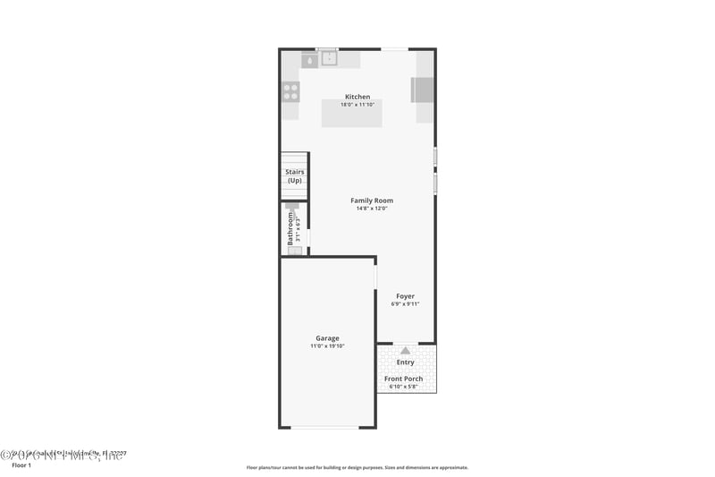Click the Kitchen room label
pyautogui.click(x=357, y=97)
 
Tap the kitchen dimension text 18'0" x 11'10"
pyautogui.click(x=357, y=105)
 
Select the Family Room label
pyautogui.click(x=371, y=200)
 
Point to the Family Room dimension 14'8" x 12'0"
pyautogui.click(x=371, y=209)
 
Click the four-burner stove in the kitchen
pyautogui.click(x=290, y=90)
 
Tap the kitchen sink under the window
pyautogui.click(x=328, y=59)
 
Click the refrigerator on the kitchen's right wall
pyautogui.click(x=423, y=90)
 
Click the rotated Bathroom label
pyautogui.click(x=290, y=228)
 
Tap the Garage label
pyautogui.click(x=327, y=338)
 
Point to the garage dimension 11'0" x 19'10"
pyautogui.click(x=327, y=346)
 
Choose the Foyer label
pyautogui.click(x=405, y=296)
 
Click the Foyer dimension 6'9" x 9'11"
pyautogui.click(x=405, y=304)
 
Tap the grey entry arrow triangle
pyautogui.click(x=405, y=351)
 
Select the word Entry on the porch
pyautogui.click(x=405, y=362)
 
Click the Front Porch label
pyautogui.click(x=404, y=379)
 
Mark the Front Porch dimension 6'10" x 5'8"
pyautogui.click(x=404, y=387)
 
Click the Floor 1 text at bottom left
pyautogui.click(x=21, y=465)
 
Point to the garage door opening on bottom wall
pyautogui.click(x=327, y=427)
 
